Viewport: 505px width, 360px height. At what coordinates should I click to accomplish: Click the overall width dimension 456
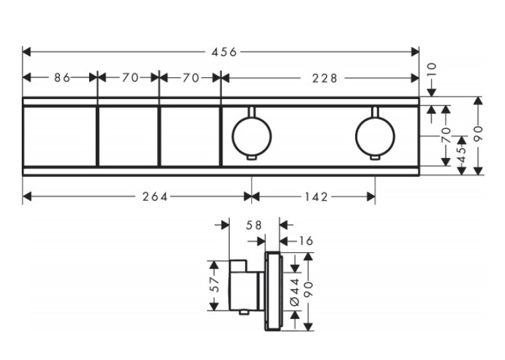(224, 52)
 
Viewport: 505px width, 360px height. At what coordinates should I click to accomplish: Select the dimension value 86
(62, 78)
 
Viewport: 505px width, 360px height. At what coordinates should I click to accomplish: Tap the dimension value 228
(325, 78)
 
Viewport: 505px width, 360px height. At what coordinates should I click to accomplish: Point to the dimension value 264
(155, 197)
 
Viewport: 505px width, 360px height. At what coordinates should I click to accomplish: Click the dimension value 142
(316, 197)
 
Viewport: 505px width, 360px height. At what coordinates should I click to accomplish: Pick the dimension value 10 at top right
(432, 69)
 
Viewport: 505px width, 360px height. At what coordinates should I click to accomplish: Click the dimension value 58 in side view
(253, 225)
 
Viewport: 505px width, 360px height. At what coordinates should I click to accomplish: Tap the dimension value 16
(306, 240)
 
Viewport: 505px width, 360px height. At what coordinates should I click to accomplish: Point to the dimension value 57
(215, 284)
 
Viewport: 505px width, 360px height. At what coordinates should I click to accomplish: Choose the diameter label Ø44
(295, 292)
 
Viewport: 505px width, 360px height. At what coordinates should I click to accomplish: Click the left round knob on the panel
(252, 136)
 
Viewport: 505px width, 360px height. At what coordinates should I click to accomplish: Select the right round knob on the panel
(375, 136)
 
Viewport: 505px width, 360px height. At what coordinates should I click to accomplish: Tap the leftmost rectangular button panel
(60, 136)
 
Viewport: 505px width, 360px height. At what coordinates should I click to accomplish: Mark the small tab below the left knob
(252, 157)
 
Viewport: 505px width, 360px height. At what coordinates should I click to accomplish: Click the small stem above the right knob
(375, 112)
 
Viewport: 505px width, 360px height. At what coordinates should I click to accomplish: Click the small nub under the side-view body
(244, 312)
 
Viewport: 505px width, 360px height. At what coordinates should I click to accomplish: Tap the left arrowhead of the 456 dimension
(26, 52)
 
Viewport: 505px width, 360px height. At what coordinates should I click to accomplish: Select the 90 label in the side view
(308, 289)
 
